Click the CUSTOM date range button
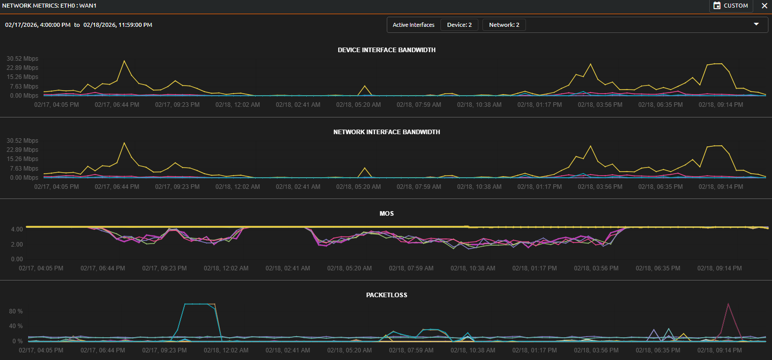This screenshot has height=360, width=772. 730,6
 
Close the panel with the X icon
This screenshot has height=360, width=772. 764,6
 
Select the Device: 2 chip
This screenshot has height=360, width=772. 459,25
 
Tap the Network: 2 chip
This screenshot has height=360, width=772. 504,25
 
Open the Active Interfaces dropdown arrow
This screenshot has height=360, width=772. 756,24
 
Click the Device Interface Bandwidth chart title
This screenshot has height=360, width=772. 386,50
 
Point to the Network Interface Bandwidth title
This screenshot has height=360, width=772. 386,132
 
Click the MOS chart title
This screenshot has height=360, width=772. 386,214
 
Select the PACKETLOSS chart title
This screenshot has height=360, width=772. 386,295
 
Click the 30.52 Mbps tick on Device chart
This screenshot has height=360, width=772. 22,59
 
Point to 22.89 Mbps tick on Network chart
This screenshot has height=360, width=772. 22,150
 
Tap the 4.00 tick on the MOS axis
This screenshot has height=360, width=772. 17,229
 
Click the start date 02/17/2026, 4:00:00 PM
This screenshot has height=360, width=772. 37,25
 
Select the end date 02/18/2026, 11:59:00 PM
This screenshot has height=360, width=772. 117,25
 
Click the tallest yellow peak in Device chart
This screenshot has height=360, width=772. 124,61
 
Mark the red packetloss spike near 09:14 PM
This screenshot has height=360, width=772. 728,304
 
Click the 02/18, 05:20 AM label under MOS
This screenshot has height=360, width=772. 350,268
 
